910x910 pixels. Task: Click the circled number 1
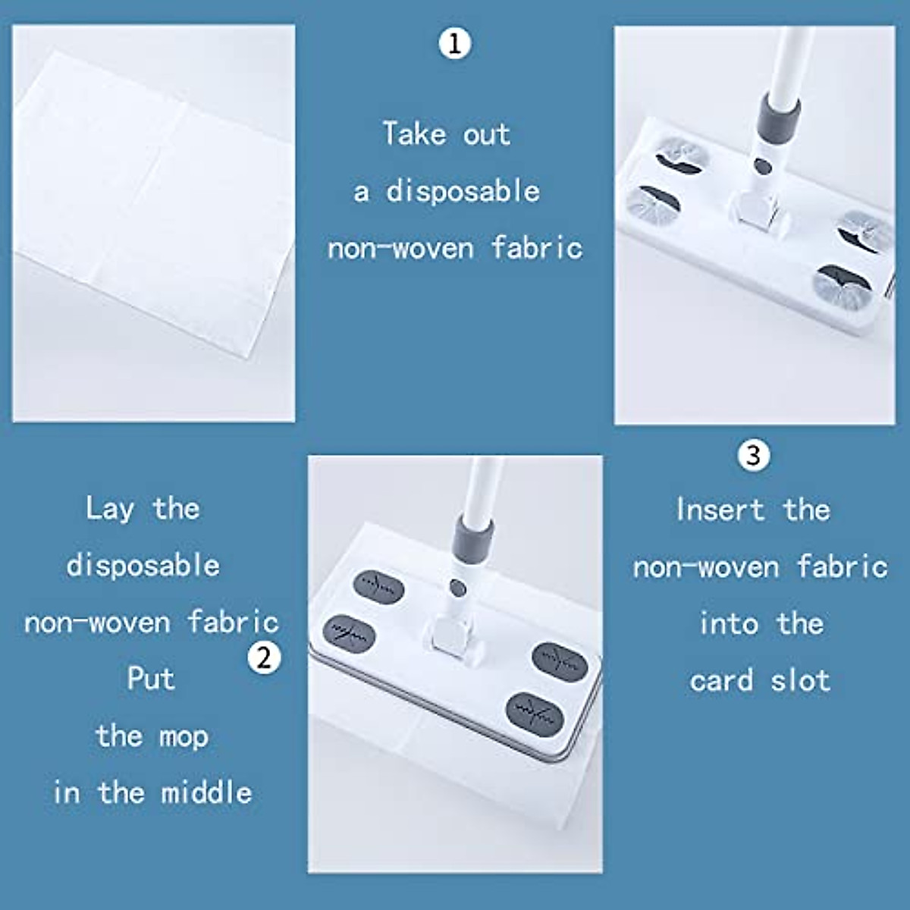455,43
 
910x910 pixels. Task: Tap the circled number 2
264,657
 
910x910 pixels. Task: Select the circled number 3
753,455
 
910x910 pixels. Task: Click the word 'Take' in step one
414,134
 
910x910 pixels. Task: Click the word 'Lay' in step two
109,509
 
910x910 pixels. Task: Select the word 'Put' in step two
150,678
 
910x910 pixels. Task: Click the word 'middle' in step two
206,792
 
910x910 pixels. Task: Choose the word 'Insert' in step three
720,510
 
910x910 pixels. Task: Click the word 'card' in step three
721,680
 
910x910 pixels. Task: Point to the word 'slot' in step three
800,680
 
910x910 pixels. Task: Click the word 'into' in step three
728,623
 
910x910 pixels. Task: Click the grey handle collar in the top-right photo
780,116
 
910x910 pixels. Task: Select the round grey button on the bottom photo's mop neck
457,588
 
